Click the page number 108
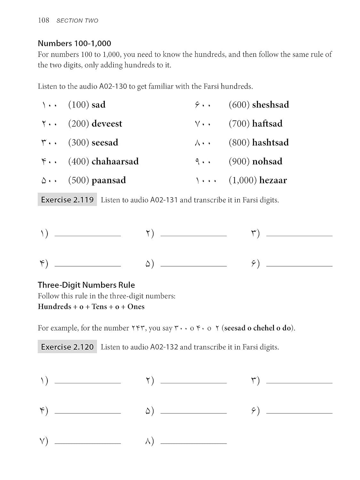coord(44,20)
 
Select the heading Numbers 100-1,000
coord(74,43)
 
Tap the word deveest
coord(107,124)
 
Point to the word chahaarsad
coord(115,161)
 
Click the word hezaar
coord(273,180)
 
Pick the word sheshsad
coord(270,105)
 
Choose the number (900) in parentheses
coord(239,161)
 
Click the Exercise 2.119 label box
coord(67,200)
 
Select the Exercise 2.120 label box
coord(67,347)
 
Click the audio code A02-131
coord(164,200)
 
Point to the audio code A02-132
coord(164,347)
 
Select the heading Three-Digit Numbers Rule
coord(86,285)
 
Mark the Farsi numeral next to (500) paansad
coord(49,181)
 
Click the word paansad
coord(108,180)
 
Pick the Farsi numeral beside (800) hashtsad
coord(203,143)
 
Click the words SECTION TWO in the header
coord(77,21)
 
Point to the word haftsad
coord(267,124)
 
